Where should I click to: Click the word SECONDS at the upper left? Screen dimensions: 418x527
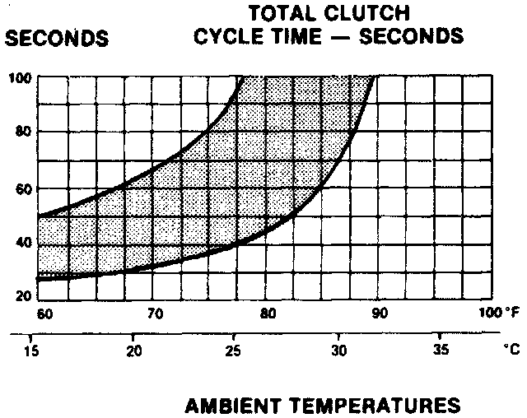pyautogui.click(x=57, y=39)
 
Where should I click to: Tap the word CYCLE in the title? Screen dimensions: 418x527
pyautogui.click(x=227, y=37)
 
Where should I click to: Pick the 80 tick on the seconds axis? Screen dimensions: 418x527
pyautogui.click(x=22, y=133)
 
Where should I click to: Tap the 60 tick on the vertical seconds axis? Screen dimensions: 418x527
pyautogui.click(x=22, y=188)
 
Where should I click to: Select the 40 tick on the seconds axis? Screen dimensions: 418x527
pyautogui.click(x=22, y=244)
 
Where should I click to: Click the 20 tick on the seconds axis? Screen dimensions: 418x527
pyautogui.click(x=22, y=297)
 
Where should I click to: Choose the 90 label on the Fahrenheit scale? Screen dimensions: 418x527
pyautogui.click(x=380, y=314)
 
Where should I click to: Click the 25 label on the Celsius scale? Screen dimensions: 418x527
pyautogui.click(x=234, y=349)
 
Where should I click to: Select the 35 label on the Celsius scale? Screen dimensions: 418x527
pyautogui.click(x=441, y=349)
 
